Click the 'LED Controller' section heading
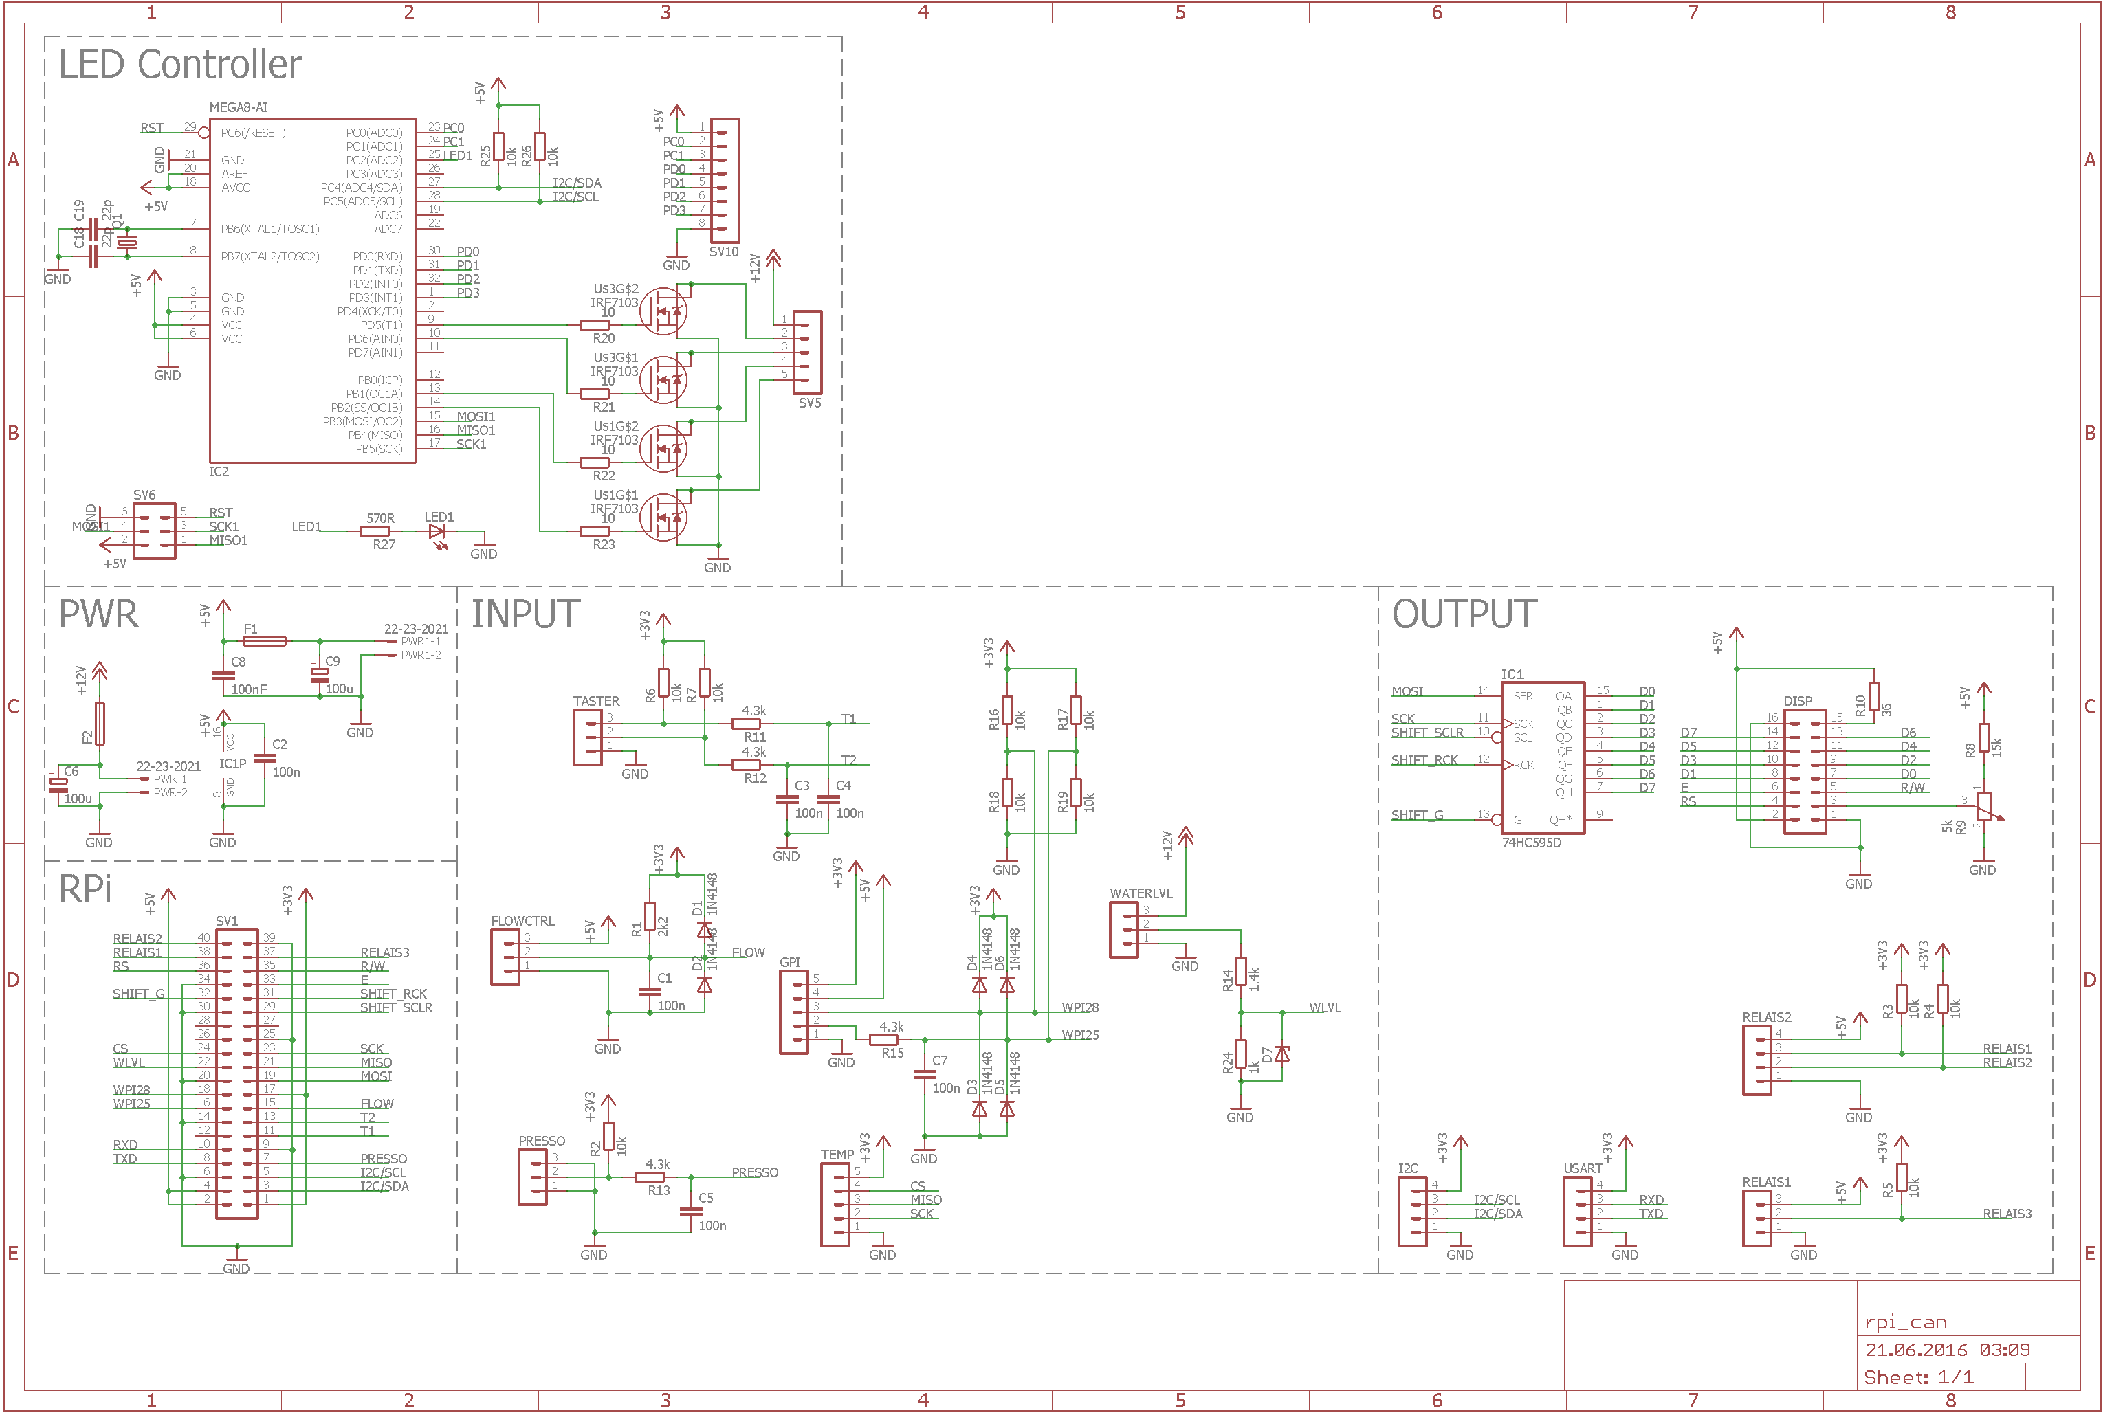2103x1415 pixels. click(179, 65)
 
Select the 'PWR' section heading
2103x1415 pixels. click(98, 614)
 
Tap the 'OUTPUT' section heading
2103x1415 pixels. click(1463, 614)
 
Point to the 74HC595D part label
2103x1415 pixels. click(1531, 843)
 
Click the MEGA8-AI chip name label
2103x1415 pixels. click(239, 107)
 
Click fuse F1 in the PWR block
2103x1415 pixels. click(265, 642)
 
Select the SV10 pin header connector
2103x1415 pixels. click(725, 181)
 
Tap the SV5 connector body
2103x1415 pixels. click(808, 352)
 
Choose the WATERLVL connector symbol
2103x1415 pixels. click(1124, 930)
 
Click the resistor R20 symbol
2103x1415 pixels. click(595, 325)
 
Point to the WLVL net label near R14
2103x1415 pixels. click(1324, 1008)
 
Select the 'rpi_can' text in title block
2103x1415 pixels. click(1905, 1323)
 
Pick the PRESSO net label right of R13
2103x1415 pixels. click(755, 1172)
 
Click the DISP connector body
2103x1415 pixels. click(1805, 772)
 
